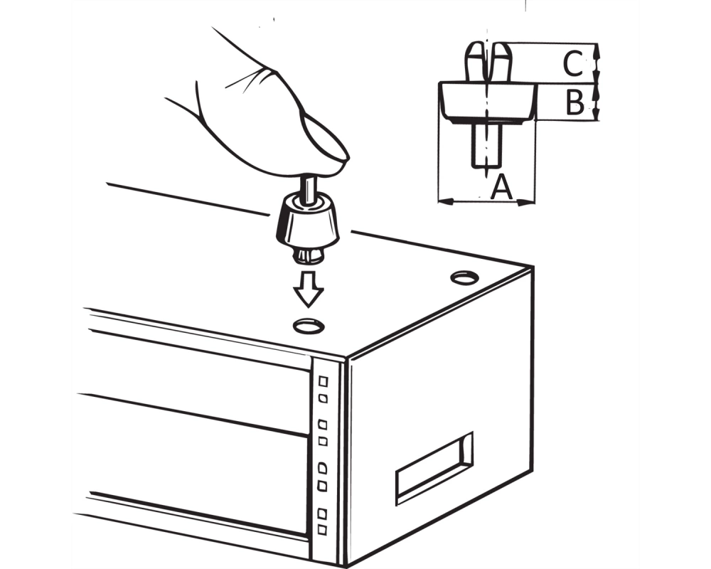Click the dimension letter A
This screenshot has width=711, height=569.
point(501,187)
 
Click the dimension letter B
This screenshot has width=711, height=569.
point(575,102)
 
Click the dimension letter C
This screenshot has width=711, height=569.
point(572,63)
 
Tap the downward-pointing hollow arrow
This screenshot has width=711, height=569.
point(308,289)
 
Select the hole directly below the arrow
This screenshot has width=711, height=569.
point(309,326)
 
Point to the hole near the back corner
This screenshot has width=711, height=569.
point(464,277)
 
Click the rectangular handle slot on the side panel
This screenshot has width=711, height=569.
point(434,468)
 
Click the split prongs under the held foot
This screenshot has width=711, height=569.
point(309,255)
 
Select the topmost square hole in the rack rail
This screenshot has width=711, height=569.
point(324,381)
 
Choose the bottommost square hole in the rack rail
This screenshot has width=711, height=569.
point(322,529)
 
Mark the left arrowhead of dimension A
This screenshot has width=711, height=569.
point(447,201)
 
